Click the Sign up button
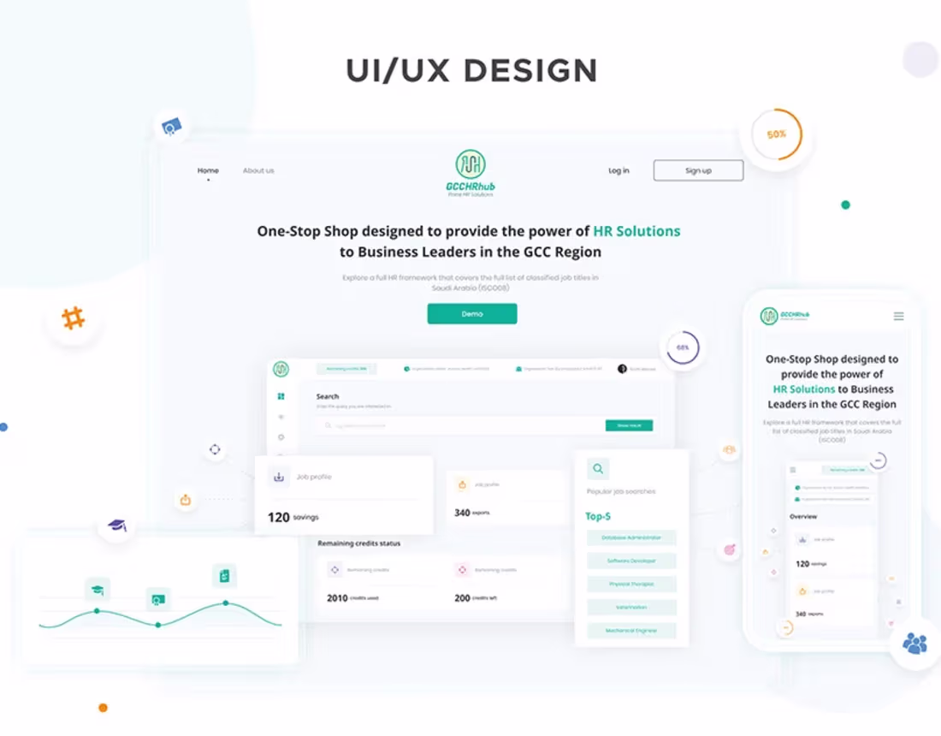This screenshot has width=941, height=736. pyautogui.click(x=698, y=170)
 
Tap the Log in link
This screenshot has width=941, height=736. pyautogui.click(x=618, y=170)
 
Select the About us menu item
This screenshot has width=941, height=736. pyautogui.click(x=258, y=170)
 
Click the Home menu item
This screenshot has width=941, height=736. pyautogui.click(x=208, y=170)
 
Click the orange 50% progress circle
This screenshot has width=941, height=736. pyautogui.click(x=776, y=134)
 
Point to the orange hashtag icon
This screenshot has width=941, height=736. pyautogui.click(x=74, y=319)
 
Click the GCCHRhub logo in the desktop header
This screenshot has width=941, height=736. pyautogui.click(x=470, y=172)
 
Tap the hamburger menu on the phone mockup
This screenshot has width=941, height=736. pyautogui.click(x=898, y=316)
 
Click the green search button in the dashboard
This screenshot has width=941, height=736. pyautogui.click(x=629, y=425)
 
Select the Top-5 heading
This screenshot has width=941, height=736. pyautogui.click(x=598, y=516)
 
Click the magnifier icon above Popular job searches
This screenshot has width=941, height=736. pyautogui.click(x=598, y=468)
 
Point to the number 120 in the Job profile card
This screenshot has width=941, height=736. pyautogui.click(x=279, y=518)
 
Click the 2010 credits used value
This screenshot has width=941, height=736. pyautogui.click(x=337, y=598)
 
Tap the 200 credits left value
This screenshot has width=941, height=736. pyautogui.click(x=462, y=598)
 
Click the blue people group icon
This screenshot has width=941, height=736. pyautogui.click(x=914, y=643)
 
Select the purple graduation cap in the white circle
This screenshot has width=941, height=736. pyautogui.click(x=117, y=525)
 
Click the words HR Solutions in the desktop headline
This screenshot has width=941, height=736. pyautogui.click(x=636, y=231)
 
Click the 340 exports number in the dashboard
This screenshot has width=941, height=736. pyautogui.click(x=462, y=513)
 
